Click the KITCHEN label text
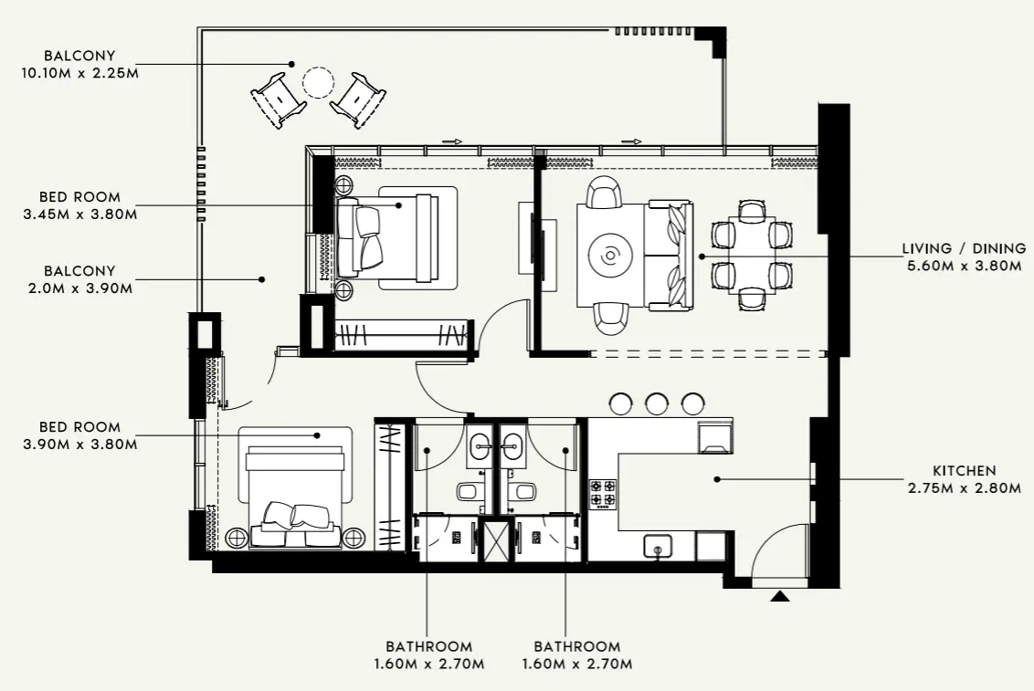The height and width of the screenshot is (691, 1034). pos(964,471)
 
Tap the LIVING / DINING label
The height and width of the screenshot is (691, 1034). pos(961,248)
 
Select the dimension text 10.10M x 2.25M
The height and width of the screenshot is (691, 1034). pos(79,73)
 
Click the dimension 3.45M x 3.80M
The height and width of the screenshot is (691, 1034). pos(79,215)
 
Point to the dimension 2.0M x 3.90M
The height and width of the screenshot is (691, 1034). pos(79,288)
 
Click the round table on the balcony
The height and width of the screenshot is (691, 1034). pos(319,84)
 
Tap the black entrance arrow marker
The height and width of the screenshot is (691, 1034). pos(779,596)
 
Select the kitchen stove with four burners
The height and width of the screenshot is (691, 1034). pos(603,494)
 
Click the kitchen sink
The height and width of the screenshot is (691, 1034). pos(656,546)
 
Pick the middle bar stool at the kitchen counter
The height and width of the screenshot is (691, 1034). pos(657,403)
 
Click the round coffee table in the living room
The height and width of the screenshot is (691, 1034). pos(609,256)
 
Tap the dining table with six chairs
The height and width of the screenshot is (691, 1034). pos(751,255)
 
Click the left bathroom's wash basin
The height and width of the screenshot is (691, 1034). pos(481,447)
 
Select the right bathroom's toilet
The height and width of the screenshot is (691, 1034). pos(524,492)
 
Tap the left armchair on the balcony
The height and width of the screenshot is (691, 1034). pos(279,98)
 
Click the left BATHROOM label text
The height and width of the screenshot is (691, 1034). pos(428,646)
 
